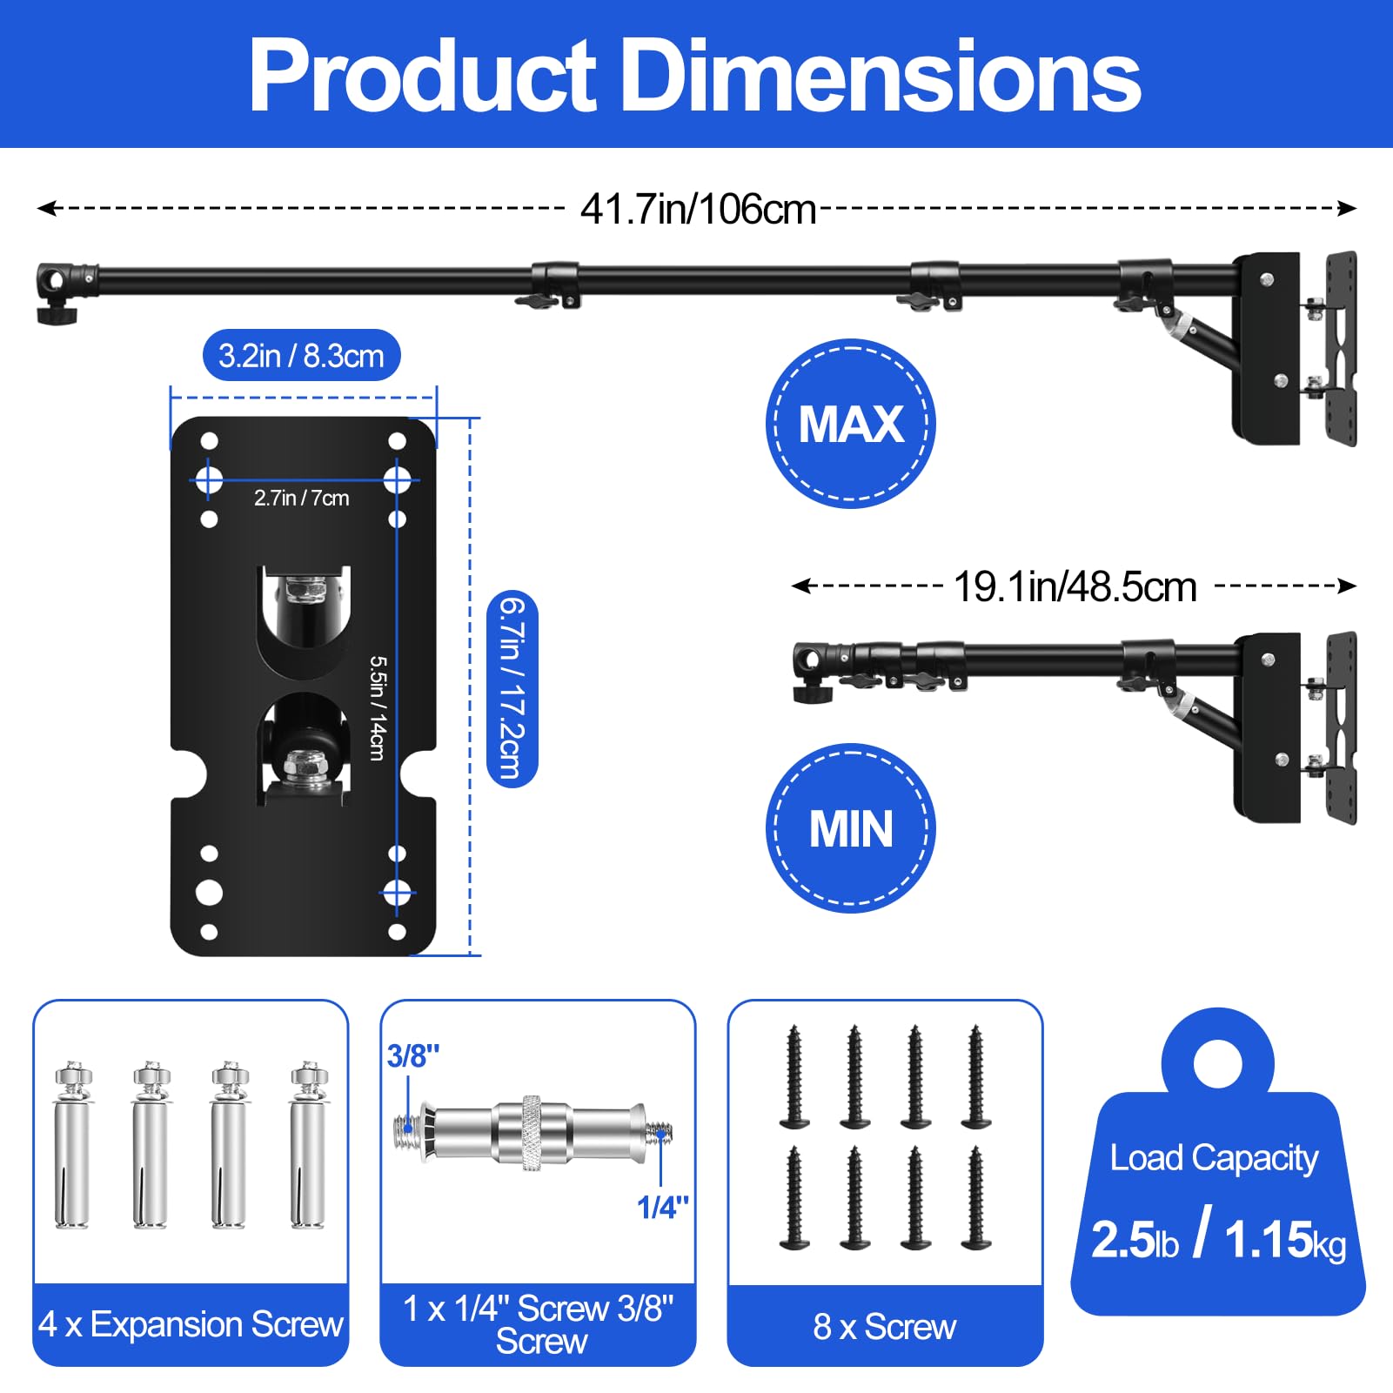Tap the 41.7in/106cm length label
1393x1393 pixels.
pyautogui.click(x=698, y=210)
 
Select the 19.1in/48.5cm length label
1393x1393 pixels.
pyautogui.click(x=1075, y=587)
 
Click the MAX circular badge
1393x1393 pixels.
pyautogui.click(x=850, y=424)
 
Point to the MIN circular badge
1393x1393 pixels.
pyautogui.click(x=850, y=828)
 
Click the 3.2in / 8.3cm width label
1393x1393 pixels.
pyautogui.click(x=301, y=356)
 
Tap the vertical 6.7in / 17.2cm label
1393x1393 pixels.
pyautogui.click(x=512, y=688)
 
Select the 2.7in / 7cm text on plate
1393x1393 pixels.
pyautogui.click(x=301, y=499)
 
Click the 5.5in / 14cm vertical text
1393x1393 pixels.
pyautogui.click(x=377, y=708)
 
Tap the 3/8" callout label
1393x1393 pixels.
pyautogui.click(x=412, y=1056)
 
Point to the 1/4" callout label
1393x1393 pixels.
pyautogui.click(x=662, y=1208)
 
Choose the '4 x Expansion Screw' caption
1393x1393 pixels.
pyautogui.click(x=191, y=1324)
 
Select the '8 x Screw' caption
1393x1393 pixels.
pyautogui.click(x=884, y=1327)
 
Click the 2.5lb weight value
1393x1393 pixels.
pyautogui.click(x=1135, y=1240)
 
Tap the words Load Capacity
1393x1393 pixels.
pyautogui.click(x=1214, y=1158)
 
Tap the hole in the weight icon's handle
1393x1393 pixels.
pyautogui.click(x=1217, y=1062)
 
